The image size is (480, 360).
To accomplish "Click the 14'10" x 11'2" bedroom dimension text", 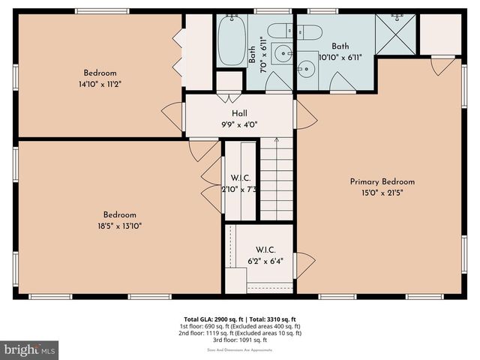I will (x=102, y=84).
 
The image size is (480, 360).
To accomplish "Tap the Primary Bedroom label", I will (x=382, y=181).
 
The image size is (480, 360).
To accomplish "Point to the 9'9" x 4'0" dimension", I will (x=239, y=125).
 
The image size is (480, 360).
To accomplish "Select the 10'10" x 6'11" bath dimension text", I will (x=340, y=57).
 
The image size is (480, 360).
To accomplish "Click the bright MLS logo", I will (x=30, y=349).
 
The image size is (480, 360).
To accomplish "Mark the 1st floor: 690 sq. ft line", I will (x=240, y=326).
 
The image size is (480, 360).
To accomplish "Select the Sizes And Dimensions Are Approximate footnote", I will (x=240, y=349).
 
